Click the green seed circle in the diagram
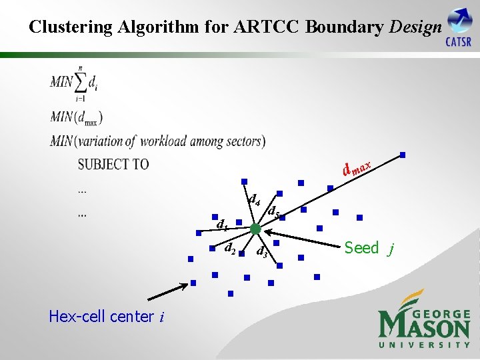coord(255,229)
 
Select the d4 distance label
coord(253,198)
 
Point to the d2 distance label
coord(229,248)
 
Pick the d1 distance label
coord(222,225)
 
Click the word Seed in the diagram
coord(361,248)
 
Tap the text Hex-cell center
coord(101,317)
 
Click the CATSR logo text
coord(458,42)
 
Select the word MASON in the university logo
coord(425,326)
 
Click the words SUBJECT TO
coord(113,164)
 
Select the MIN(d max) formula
coord(76,117)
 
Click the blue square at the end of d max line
coord(402,155)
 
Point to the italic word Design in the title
coord(415,27)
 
